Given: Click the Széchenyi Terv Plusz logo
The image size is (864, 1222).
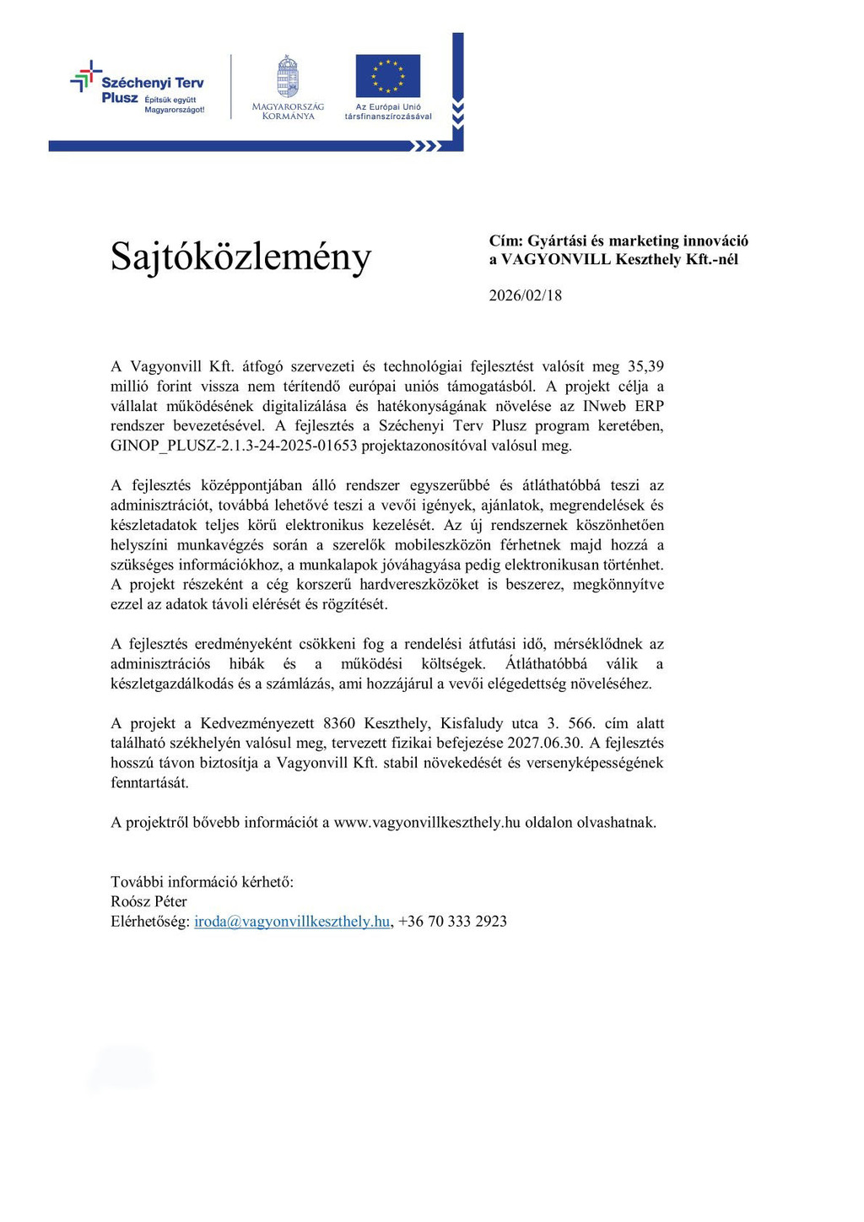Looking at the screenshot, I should (138, 88).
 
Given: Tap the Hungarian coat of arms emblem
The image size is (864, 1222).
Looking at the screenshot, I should (288, 76).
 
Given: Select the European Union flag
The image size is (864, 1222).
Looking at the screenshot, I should (387, 76).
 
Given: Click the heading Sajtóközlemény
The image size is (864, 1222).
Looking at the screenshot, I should (240, 256).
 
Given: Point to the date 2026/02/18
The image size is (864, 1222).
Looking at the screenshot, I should (525, 295).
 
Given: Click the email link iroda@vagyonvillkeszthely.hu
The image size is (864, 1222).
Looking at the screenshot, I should (292, 922).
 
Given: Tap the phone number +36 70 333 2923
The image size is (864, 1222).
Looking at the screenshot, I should (452, 922).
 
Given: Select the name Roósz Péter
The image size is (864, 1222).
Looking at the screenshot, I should (148, 901).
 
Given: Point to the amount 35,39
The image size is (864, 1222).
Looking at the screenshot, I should (645, 366).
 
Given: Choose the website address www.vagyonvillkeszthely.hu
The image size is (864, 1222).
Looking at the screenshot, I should (427, 822).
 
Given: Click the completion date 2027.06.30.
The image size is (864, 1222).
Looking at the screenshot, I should (544, 743).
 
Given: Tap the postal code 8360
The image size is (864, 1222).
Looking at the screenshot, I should (339, 723).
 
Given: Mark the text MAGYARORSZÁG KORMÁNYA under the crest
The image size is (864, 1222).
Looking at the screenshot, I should (288, 111).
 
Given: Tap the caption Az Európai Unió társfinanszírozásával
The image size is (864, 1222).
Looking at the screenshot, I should (387, 111).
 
